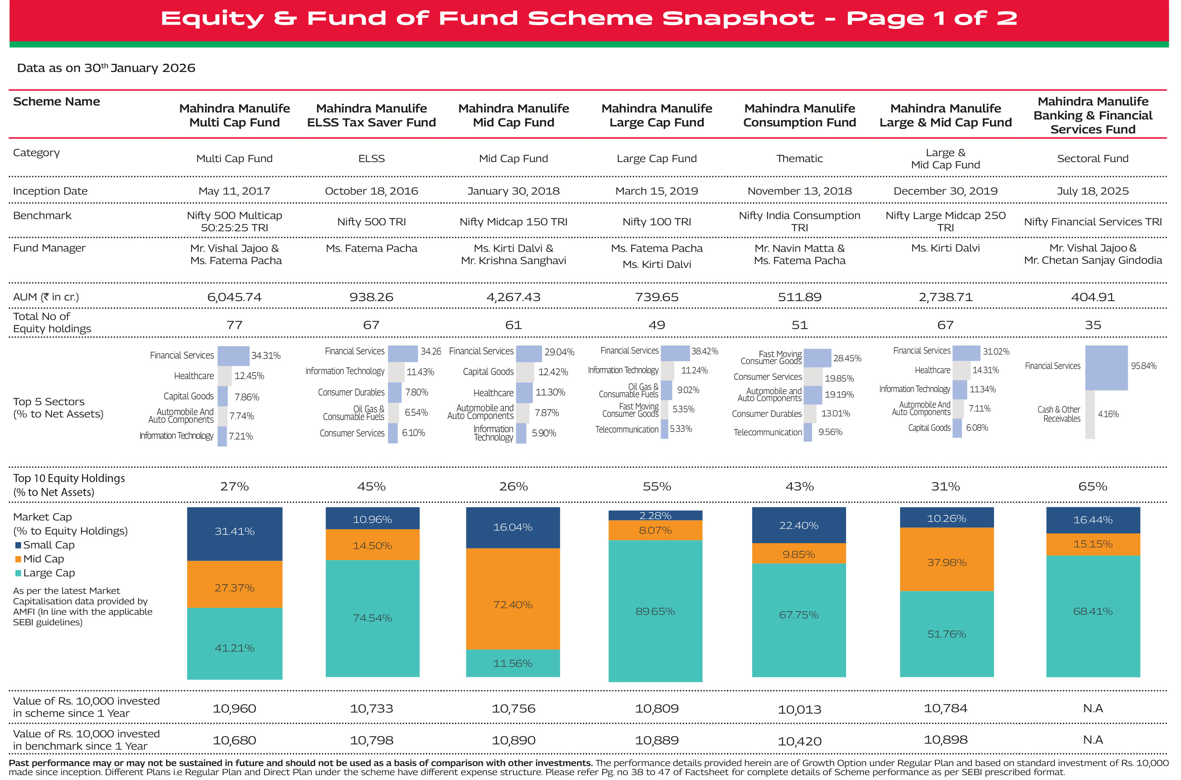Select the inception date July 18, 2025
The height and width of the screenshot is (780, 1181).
pyautogui.click(x=1092, y=191)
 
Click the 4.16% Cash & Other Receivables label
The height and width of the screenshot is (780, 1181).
pyautogui.click(x=1108, y=414)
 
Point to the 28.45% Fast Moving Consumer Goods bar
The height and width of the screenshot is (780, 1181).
pyautogui.click(x=817, y=358)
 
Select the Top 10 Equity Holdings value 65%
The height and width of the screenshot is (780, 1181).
pyautogui.click(x=1092, y=487)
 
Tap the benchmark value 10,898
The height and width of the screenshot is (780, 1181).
pyautogui.click(x=945, y=740)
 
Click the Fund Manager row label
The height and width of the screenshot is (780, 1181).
pyautogui.click(x=49, y=248)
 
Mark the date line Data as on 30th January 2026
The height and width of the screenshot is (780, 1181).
pyautogui.click(x=106, y=68)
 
